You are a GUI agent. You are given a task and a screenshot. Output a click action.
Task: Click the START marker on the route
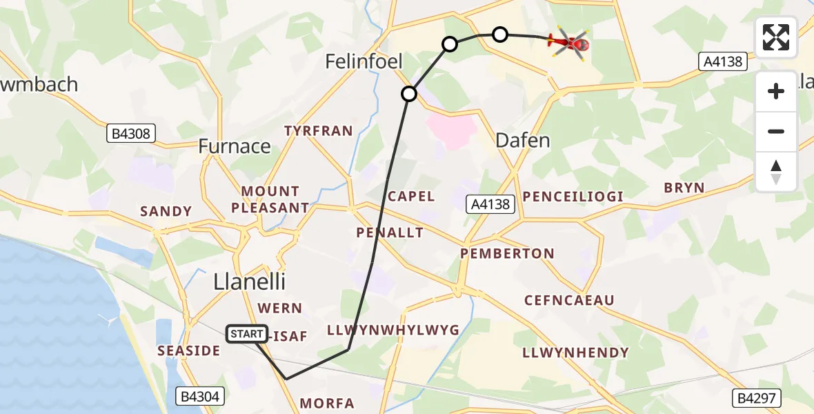pyautogui.click(x=247, y=334)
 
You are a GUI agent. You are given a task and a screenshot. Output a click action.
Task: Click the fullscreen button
pyautogui.click(x=776, y=37)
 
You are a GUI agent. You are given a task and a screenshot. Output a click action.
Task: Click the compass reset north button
pyautogui.click(x=776, y=171)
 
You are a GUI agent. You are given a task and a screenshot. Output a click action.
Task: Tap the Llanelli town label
pyautogui.click(x=249, y=282)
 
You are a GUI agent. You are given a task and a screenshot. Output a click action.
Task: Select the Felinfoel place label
pyautogui.click(x=364, y=62)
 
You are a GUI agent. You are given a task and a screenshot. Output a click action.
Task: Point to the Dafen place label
pyautogui.click(x=523, y=141)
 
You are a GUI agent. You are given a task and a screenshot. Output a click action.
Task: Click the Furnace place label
pyautogui.click(x=235, y=146)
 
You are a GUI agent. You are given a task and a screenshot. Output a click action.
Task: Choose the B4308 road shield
pyautogui.click(x=131, y=133)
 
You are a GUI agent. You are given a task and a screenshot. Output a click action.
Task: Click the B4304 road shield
pyautogui.click(x=199, y=396)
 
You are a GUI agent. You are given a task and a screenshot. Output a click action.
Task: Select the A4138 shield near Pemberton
pyautogui.click(x=490, y=204)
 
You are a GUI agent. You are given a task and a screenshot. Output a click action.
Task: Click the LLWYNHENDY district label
pyautogui.click(x=576, y=353)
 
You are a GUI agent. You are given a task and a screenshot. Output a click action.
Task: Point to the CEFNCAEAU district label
pyautogui.click(x=569, y=300)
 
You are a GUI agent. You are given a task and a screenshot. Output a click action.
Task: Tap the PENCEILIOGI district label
pyautogui.click(x=573, y=197)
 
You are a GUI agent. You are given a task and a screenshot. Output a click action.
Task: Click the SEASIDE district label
pyautogui.click(x=188, y=351)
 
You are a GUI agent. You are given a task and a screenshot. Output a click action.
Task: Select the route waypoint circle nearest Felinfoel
pyautogui.click(x=410, y=93)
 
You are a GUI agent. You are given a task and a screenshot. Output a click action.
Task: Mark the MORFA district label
pyautogui.click(x=328, y=403)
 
